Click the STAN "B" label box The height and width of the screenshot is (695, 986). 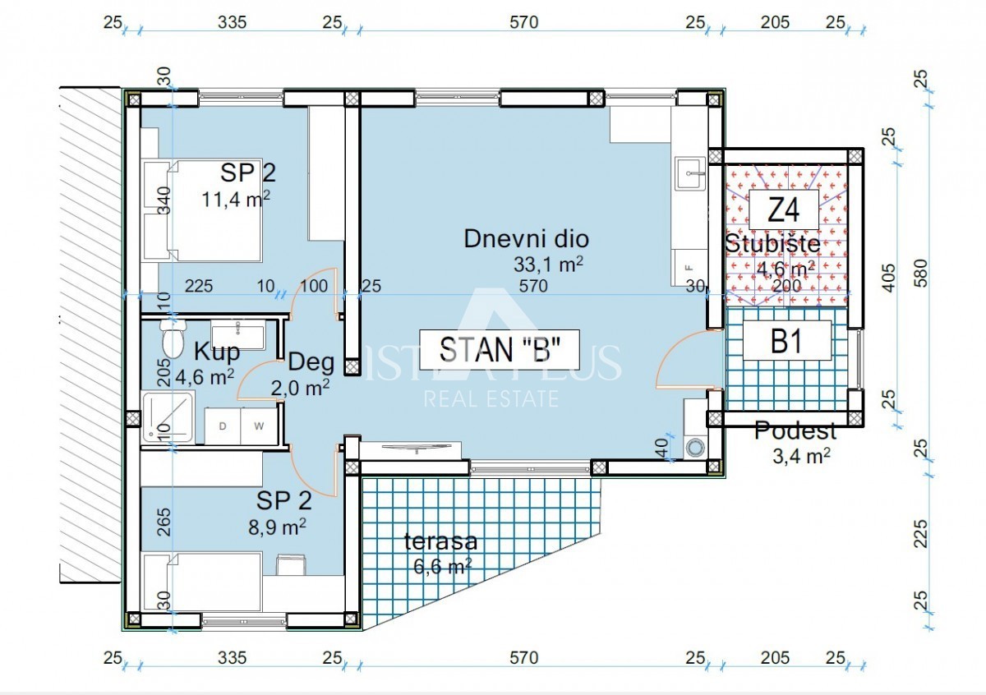[500, 349]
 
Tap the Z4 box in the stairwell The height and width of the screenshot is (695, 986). [783, 212]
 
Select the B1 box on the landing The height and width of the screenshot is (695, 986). [786, 341]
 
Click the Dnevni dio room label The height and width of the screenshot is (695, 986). [526, 239]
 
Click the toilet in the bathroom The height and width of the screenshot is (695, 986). [173, 339]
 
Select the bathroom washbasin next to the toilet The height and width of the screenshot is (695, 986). [237, 337]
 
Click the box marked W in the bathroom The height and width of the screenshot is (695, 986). [258, 426]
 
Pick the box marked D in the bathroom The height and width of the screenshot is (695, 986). [222, 426]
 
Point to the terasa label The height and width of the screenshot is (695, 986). [440, 541]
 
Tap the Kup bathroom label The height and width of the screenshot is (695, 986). [216, 352]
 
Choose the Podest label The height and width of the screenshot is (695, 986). [795, 430]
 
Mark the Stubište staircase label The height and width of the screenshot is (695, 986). [772, 244]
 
